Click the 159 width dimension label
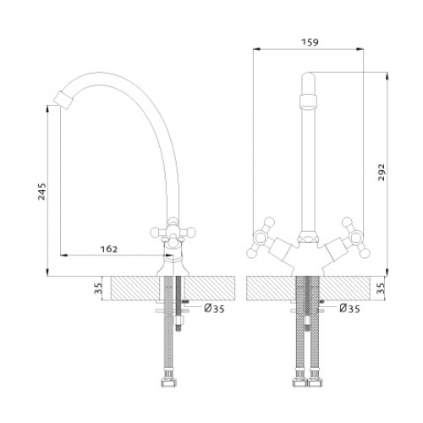[310, 42]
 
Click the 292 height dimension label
[381, 173]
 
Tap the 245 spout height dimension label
[41, 191]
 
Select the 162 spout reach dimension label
[108, 249]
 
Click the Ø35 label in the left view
[214, 309]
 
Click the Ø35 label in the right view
[349, 309]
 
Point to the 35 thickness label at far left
[98, 288]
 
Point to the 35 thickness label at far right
[381, 288]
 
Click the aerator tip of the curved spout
[63, 100]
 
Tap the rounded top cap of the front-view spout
[309, 77]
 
